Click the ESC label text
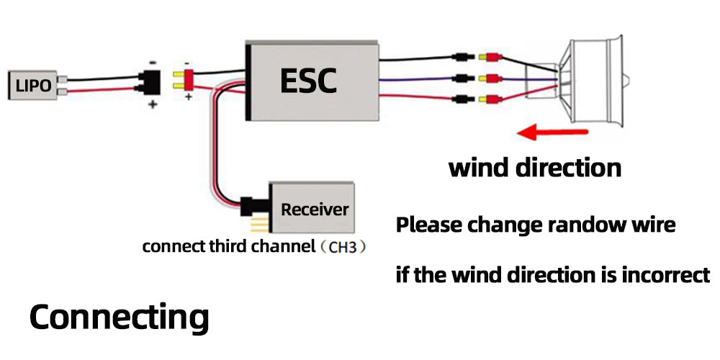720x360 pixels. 307,80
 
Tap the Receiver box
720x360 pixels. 314,210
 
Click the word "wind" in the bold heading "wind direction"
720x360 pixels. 479,168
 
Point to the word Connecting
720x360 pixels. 119,317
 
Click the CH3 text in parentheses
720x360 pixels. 342,247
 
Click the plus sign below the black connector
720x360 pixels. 153,104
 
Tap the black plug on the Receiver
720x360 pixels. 253,210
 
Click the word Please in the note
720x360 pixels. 429,225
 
